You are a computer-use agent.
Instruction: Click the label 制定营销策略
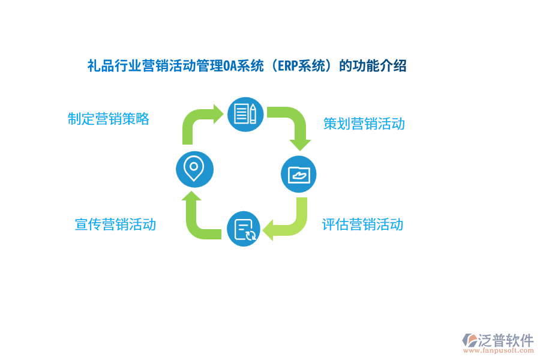point(109,119)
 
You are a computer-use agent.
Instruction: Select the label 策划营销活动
point(364,124)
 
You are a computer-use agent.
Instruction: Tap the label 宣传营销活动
point(115,224)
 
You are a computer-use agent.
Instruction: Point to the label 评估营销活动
point(362,225)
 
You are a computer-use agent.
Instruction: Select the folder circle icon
point(298,175)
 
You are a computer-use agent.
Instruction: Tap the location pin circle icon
point(193,167)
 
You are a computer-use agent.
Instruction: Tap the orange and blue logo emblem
point(469,340)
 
